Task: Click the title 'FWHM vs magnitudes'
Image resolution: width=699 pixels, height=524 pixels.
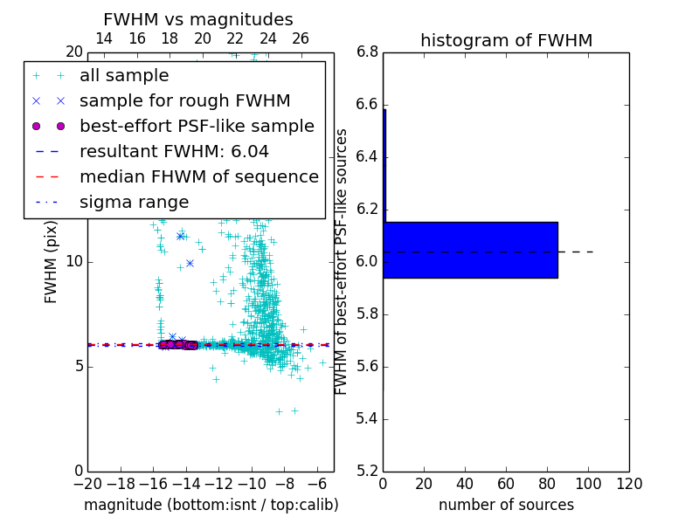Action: tap(197, 19)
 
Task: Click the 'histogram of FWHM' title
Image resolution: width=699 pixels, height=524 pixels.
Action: tap(506, 40)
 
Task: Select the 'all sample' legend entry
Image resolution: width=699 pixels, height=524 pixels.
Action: tap(124, 76)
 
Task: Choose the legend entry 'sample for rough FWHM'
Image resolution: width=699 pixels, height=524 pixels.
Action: tap(184, 101)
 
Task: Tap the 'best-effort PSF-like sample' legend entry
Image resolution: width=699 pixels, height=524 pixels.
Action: tap(197, 127)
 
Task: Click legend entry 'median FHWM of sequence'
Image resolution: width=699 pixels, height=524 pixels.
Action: tap(198, 176)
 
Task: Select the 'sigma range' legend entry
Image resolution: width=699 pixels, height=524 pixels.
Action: tap(134, 202)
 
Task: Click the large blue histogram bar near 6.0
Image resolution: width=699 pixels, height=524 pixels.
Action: tap(470, 250)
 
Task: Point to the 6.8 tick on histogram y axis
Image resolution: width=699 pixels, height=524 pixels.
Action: tap(367, 52)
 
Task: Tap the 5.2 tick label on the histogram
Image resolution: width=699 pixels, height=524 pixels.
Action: tap(367, 471)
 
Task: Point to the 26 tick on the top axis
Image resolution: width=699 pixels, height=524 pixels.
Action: tap(301, 38)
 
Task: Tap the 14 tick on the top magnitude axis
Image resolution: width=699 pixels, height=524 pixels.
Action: tap(103, 38)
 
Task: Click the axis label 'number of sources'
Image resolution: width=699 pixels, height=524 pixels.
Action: tap(506, 505)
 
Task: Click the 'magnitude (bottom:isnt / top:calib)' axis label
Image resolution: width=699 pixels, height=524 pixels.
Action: tap(211, 505)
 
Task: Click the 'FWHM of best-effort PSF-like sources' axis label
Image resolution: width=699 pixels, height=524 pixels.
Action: tap(343, 261)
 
